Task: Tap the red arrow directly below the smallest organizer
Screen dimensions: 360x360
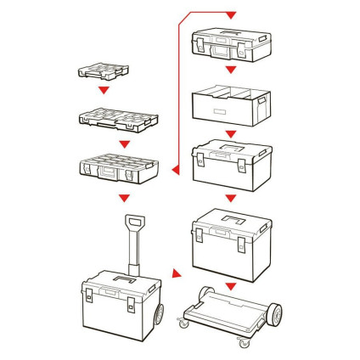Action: (x=102, y=90)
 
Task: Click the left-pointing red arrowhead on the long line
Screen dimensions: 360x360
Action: (x=175, y=171)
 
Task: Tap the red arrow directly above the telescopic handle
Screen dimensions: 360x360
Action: (x=124, y=199)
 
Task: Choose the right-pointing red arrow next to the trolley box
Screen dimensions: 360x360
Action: (x=176, y=273)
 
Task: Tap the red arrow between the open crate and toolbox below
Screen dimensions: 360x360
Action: (x=231, y=136)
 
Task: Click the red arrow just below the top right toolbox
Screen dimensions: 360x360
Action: (x=231, y=73)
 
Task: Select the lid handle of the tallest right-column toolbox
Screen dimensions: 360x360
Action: (x=231, y=224)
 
